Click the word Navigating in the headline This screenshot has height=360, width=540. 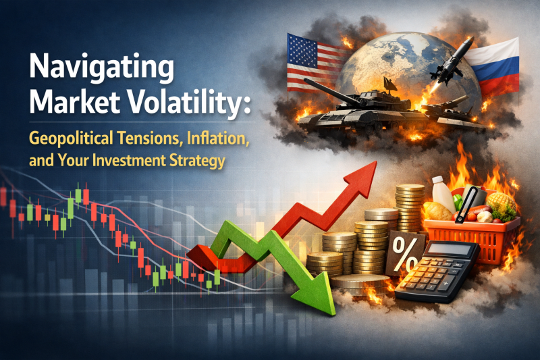point(102,68)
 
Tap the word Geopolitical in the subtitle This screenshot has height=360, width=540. point(72,139)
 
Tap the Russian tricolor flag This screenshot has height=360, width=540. point(494,67)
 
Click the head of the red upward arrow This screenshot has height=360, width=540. point(362,178)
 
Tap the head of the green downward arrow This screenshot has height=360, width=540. point(315,294)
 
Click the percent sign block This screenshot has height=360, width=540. point(404,253)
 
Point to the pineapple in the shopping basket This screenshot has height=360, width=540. point(500,204)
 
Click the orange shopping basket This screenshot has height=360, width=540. point(472,238)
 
